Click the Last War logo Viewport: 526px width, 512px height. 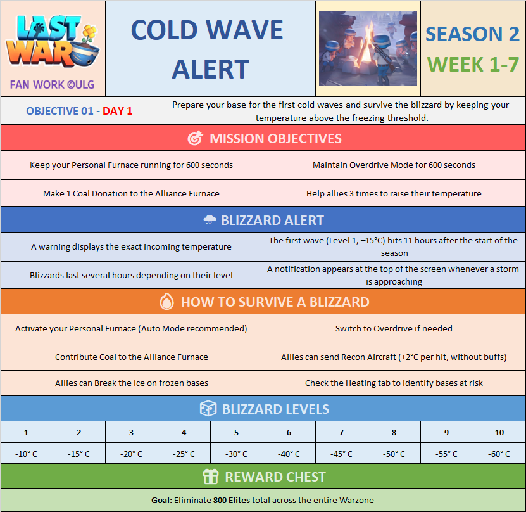(x=53, y=41)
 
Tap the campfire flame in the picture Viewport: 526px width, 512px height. (x=368, y=46)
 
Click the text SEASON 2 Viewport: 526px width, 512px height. (x=472, y=34)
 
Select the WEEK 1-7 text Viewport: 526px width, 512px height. (x=473, y=65)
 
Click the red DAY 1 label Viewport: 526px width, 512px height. (x=117, y=111)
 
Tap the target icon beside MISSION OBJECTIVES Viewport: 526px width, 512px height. (x=195, y=138)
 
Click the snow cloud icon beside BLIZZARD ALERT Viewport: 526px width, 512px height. (x=210, y=220)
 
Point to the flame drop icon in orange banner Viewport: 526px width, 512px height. (x=166, y=302)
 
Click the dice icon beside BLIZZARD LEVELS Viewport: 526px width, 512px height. (x=208, y=409)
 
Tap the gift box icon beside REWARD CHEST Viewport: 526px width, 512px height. (x=211, y=477)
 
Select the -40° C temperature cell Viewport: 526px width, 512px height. (x=289, y=454)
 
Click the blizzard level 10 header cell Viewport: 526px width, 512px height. (x=499, y=432)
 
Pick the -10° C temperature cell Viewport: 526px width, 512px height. (x=27, y=454)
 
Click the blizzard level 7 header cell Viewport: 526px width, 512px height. (x=342, y=432)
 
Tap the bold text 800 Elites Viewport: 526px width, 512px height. (x=232, y=500)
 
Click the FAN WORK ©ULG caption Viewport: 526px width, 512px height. (x=52, y=85)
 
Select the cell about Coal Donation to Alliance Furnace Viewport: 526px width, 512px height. (x=132, y=193)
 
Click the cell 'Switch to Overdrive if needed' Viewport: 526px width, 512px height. (x=394, y=328)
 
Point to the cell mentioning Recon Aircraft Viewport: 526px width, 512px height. (x=394, y=357)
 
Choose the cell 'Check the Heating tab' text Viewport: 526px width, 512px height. (x=394, y=383)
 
